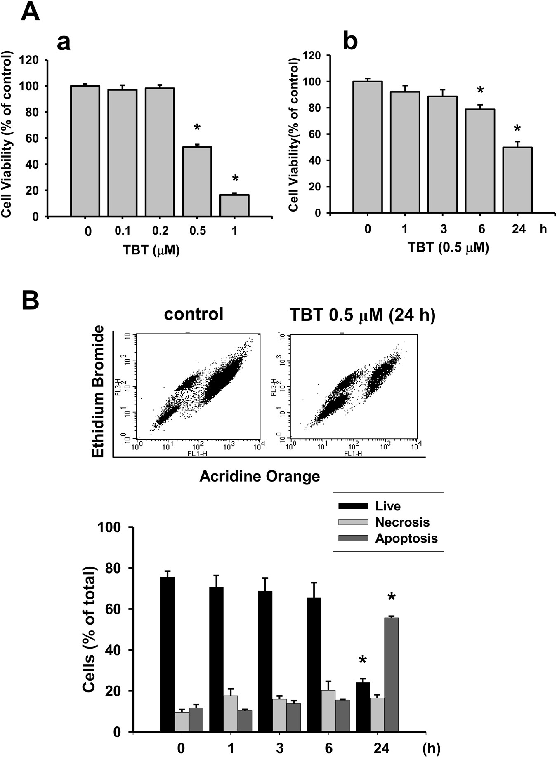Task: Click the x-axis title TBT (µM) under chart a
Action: tap(151, 250)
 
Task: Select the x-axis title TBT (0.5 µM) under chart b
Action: tap(448, 247)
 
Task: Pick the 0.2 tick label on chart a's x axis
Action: tap(160, 231)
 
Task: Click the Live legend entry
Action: tap(388, 506)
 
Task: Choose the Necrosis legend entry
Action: tap(402, 522)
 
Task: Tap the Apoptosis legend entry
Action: tap(406, 538)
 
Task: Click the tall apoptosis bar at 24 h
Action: tap(391, 674)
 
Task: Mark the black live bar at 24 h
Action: tap(363, 707)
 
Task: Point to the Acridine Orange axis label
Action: tap(260, 476)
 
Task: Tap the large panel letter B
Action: tap(30, 301)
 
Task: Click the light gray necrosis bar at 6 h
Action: tap(328, 710)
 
